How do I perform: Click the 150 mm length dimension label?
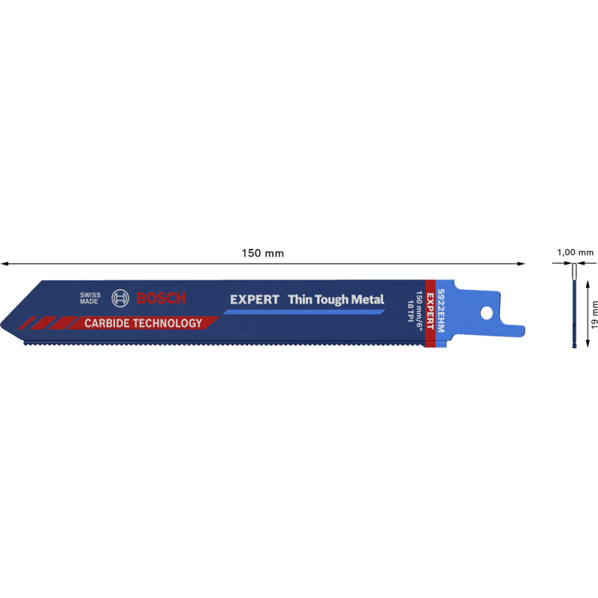tap(263, 253)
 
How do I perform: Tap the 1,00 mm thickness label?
tap(575, 253)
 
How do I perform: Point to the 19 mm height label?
tap(594, 314)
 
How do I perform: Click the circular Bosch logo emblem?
tap(120, 298)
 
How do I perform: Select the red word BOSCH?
tap(161, 298)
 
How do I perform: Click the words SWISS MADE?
tap(90, 298)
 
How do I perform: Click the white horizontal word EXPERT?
tap(255, 300)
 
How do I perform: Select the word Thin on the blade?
tap(300, 300)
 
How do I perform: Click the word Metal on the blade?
tap(367, 300)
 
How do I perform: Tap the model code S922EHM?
tap(440, 310)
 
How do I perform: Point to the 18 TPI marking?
tap(410, 311)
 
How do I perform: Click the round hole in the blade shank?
tap(487, 313)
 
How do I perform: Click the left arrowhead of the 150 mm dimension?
tap(4, 263)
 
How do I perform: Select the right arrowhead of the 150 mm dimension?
tap(521, 263)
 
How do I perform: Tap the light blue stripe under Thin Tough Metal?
tap(304, 312)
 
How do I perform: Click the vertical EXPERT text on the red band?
tap(430, 311)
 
